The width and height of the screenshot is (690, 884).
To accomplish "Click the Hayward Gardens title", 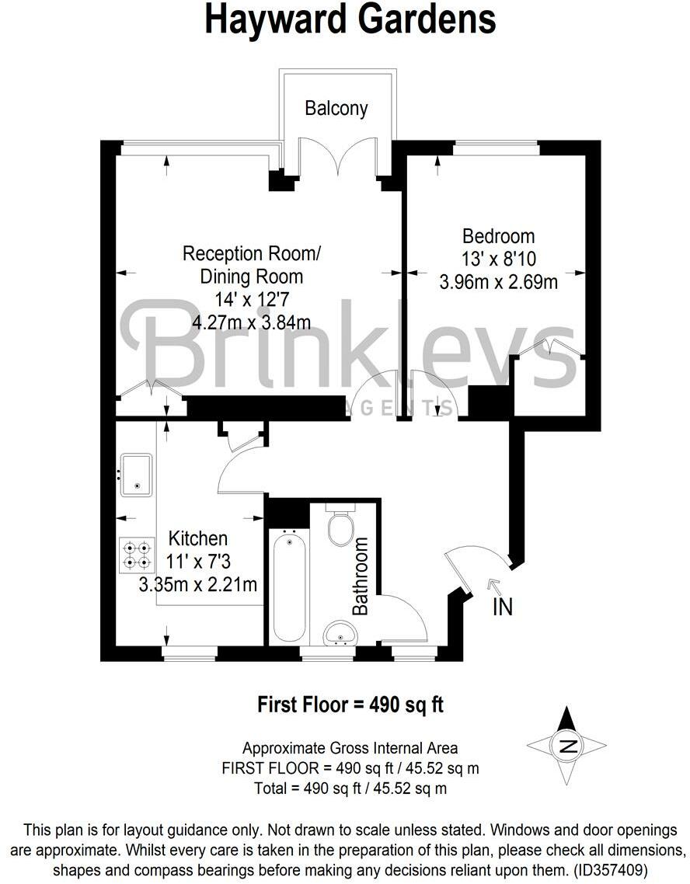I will (350, 19).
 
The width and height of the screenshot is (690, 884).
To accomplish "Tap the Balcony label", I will (336, 108).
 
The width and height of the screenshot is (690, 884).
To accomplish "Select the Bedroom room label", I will (498, 235).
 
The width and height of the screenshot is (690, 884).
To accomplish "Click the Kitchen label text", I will (198, 538).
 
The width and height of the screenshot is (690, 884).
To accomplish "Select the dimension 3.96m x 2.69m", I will (498, 281).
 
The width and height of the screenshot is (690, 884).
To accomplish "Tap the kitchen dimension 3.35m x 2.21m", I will (197, 584).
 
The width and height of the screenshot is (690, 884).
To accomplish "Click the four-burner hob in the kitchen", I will (137, 555).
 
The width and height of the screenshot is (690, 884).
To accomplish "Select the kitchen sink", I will (137, 475).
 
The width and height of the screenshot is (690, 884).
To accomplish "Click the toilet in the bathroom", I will (340, 528).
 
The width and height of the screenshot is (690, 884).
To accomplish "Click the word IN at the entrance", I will (503, 606).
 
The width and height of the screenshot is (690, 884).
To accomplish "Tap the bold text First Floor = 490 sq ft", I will (350, 705).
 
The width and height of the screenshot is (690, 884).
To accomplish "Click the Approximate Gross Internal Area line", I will (350, 748).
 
